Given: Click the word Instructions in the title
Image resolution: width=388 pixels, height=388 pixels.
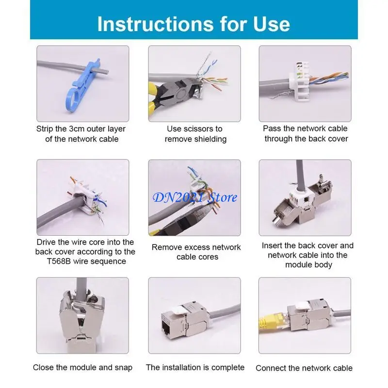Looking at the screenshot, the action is coord(155,24).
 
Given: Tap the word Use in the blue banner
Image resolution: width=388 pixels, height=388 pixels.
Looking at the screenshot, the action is coord(272,24).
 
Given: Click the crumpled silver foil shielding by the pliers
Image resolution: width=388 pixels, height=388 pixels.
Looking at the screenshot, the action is coord(200,87).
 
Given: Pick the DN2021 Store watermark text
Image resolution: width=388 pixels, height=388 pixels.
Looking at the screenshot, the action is coord(195,197).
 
